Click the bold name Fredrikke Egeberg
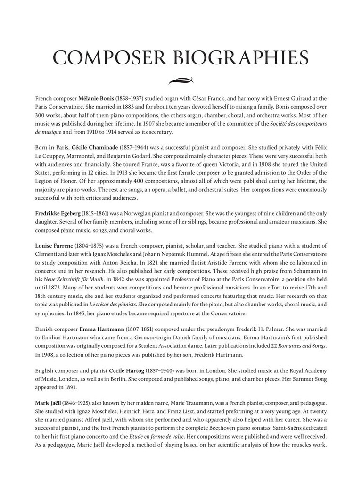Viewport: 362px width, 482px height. point(57,213)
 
